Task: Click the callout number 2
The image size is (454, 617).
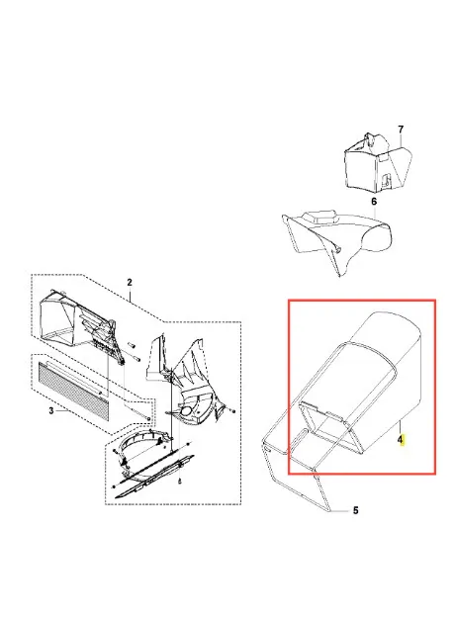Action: coord(130,282)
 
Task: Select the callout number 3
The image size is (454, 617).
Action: coord(51,410)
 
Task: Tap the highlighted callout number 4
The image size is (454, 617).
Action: coord(401,440)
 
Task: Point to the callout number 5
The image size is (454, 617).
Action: coord(355,510)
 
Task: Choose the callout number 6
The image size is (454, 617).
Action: coord(374,201)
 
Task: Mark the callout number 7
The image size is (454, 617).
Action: coord(401,130)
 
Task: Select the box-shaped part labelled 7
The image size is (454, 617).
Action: coord(378,161)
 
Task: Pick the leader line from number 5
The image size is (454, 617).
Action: coord(340,511)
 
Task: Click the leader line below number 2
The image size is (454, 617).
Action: coord(130,294)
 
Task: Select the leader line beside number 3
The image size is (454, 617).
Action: coord(63,410)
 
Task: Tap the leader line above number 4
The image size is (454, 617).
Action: coord(401,427)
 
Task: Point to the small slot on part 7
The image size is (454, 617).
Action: coord(382,157)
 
